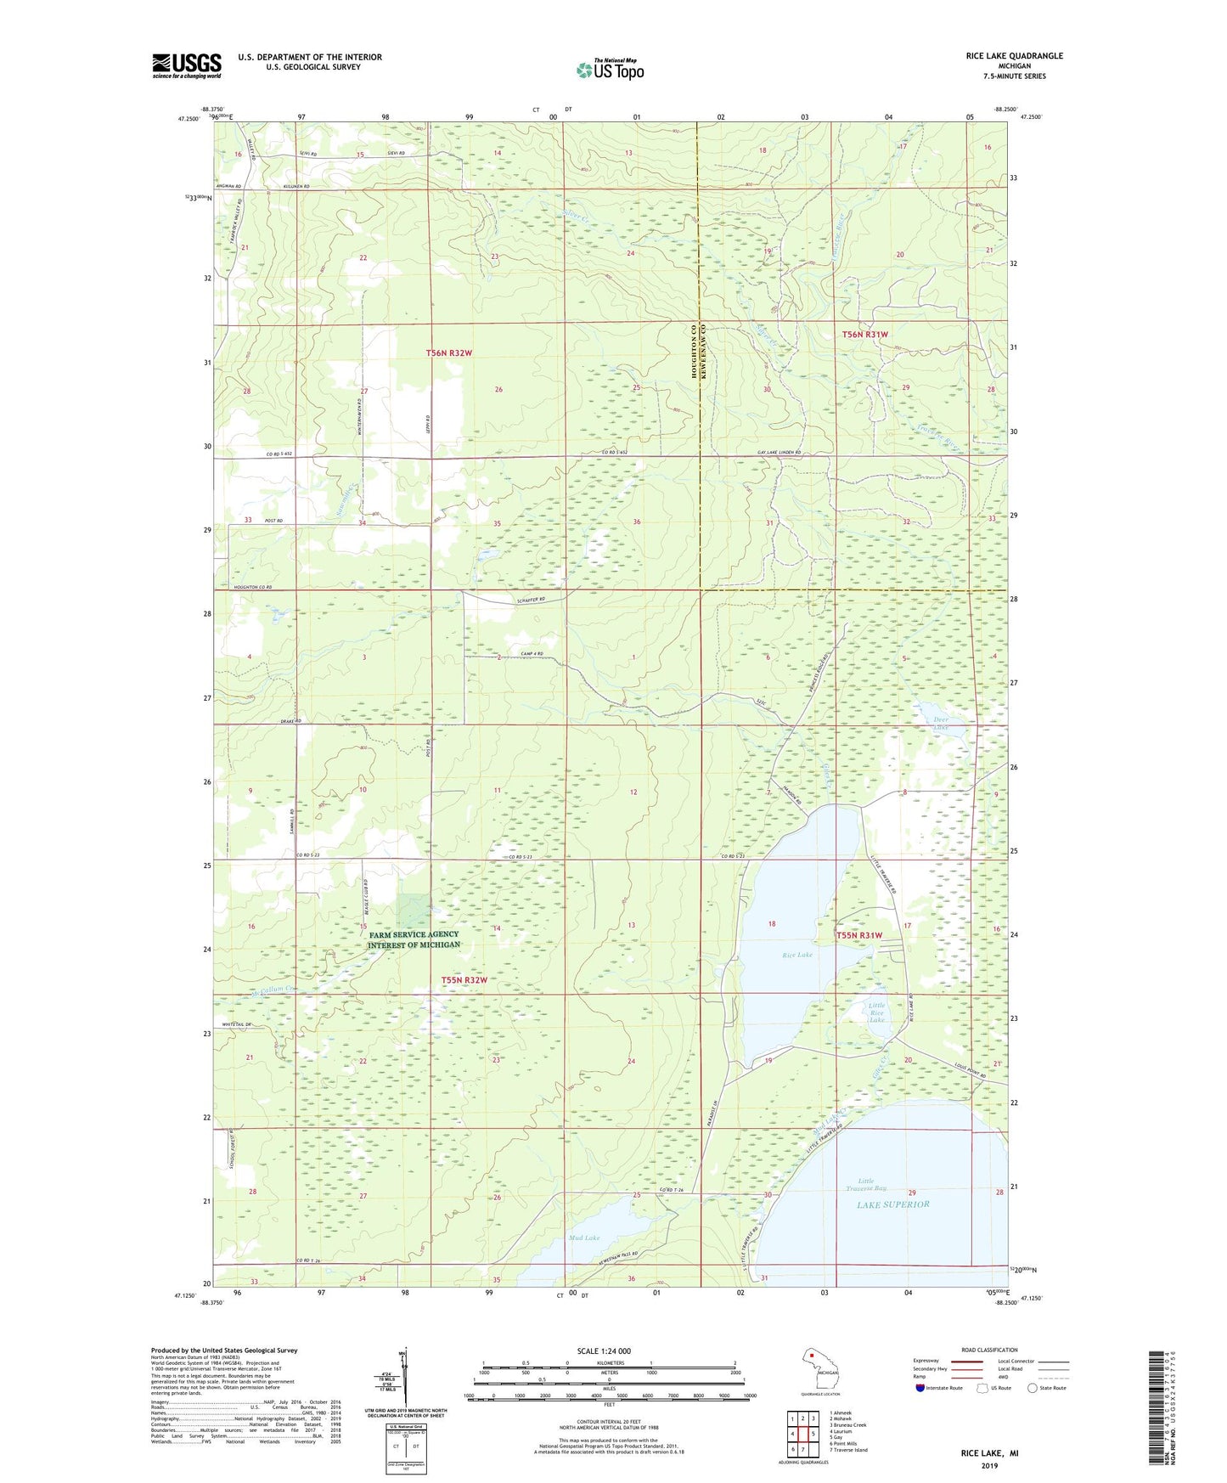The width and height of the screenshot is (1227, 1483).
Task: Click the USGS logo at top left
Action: pyautogui.click(x=186, y=65)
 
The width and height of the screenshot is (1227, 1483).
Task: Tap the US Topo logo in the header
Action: pyautogui.click(x=610, y=70)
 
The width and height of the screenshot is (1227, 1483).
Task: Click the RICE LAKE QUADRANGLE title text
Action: pyautogui.click(x=1014, y=56)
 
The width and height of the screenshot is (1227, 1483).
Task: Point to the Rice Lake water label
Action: pyautogui.click(x=797, y=955)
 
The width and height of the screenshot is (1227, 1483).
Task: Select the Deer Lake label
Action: pyautogui.click(x=941, y=724)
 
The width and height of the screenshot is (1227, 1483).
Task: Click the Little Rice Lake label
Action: pyautogui.click(x=876, y=1012)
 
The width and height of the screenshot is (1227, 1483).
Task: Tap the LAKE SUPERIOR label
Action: pyautogui.click(x=892, y=1204)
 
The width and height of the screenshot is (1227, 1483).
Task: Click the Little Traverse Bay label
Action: pyautogui.click(x=871, y=1185)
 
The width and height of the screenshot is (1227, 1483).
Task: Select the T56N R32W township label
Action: pyautogui.click(x=448, y=352)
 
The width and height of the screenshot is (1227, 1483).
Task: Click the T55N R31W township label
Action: pyautogui.click(x=859, y=934)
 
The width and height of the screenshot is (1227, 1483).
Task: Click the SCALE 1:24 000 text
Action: pyautogui.click(x=604, y=1350)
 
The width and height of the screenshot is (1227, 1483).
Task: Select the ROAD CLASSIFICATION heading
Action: pyautogui.click(x=989, y=1350)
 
